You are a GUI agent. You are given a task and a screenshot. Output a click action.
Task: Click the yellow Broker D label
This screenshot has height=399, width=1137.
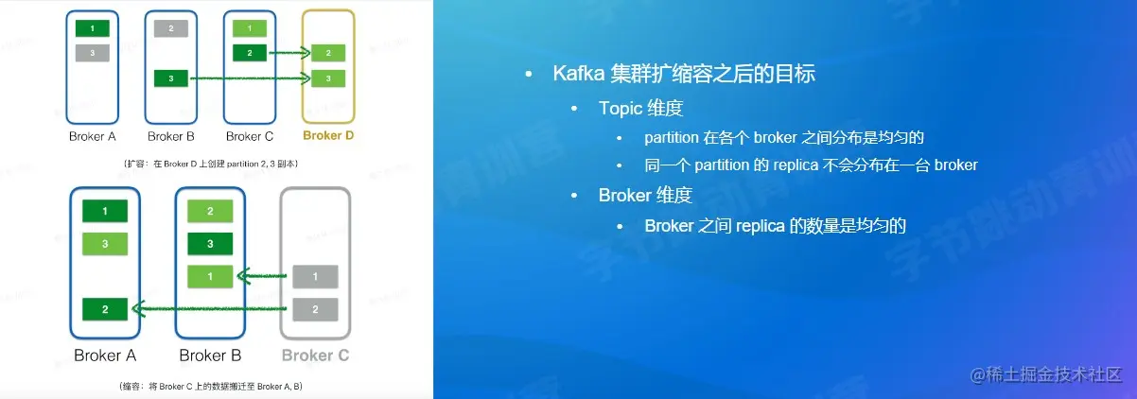click(328, 136)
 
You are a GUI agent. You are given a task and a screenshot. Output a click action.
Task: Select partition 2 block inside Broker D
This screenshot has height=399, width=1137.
click(327, 53)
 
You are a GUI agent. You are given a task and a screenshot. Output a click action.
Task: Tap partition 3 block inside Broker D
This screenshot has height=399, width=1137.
click(327, 78)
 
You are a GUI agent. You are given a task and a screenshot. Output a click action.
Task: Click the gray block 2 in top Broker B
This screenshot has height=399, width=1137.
click(171, 28)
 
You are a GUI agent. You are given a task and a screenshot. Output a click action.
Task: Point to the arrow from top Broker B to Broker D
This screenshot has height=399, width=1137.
click(250, 78)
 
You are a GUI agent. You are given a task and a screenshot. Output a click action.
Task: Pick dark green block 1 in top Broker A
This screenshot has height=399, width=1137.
click(93, 28)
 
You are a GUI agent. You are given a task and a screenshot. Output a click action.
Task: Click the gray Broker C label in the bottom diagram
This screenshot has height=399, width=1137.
click(315, 356)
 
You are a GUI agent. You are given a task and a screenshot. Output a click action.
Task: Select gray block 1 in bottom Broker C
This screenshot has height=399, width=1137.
click(315, 277)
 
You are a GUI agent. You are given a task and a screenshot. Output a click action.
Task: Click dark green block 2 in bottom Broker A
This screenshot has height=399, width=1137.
click(105, 308)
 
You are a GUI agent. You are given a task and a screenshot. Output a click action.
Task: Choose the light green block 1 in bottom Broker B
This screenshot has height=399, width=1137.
click(210, 276)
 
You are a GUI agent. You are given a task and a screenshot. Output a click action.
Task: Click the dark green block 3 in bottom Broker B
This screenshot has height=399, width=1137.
click(210, 244)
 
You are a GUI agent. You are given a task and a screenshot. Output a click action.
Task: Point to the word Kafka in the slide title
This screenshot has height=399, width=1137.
click(578, 75)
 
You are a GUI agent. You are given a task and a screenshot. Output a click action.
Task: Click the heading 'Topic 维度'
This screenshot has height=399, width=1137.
click(640, 108)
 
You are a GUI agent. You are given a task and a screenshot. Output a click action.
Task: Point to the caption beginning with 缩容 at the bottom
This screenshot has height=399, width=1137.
click(210, 387)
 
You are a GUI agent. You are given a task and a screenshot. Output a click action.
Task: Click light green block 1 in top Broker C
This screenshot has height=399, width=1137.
click(249, 28)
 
